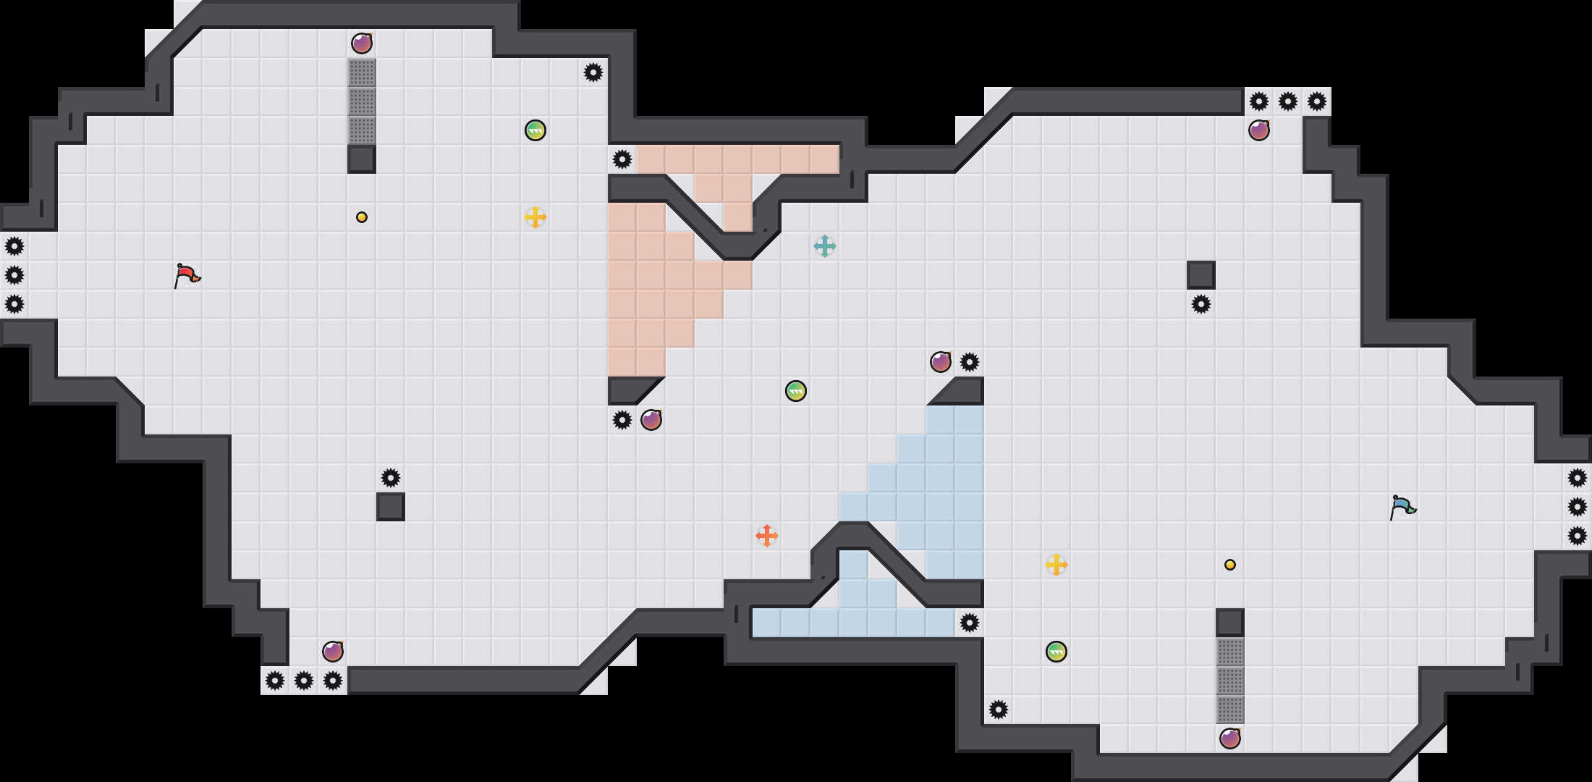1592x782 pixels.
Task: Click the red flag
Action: click(x=187, y=275)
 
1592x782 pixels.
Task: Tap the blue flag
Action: click(x=1402, y=507)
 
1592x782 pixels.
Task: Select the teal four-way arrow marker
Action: click(x=825, y=246)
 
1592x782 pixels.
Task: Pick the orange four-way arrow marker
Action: click(x=767, y=536)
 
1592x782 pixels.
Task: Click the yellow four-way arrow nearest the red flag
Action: click(x=535, y=217)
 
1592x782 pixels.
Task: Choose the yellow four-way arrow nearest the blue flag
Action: click(x=1057, y=565)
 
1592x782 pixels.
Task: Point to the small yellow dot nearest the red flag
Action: click(x=362, y=217)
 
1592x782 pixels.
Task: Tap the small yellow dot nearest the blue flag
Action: click(x=1230, y=565)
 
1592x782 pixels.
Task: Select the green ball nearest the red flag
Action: click(x=535, y=130)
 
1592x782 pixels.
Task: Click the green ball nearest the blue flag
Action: click(x=1057, y=652)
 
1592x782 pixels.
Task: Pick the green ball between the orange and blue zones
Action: click(x=796, y=391)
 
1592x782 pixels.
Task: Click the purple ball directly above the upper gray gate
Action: click(x=362, y=43)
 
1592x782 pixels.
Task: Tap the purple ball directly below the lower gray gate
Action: click(x=1230, y=739)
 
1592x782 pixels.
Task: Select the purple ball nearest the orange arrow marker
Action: click(x=651, y=420)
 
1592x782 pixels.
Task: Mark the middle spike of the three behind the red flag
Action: click(x=14, y=275)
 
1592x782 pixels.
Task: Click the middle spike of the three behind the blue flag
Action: click(x=1578, y=507)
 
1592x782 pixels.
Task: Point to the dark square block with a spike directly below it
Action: click(x=1201, y=275)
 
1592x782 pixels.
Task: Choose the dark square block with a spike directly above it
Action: click(x=391, y=507)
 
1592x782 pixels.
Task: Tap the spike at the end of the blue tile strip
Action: click(x=970, y=623)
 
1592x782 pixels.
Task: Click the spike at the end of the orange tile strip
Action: click(x=622, y=159)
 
